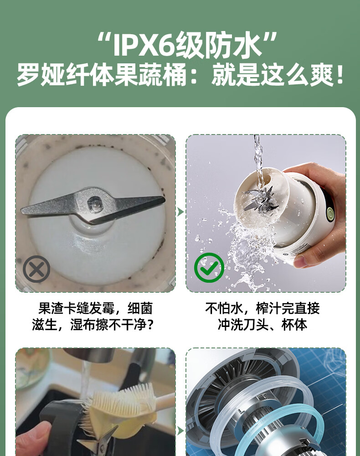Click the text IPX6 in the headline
[x=144, y=45]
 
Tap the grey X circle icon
[x=36, y=269]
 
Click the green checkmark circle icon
[x=209, y=268]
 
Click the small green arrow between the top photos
[x=180, y=212]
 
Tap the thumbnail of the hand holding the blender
[x=266, y=213]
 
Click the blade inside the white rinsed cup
[x=259, y=199]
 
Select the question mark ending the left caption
[x=150, y=325]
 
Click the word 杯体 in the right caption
[x=294, y=325]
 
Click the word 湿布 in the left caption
[x=83, y=325]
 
